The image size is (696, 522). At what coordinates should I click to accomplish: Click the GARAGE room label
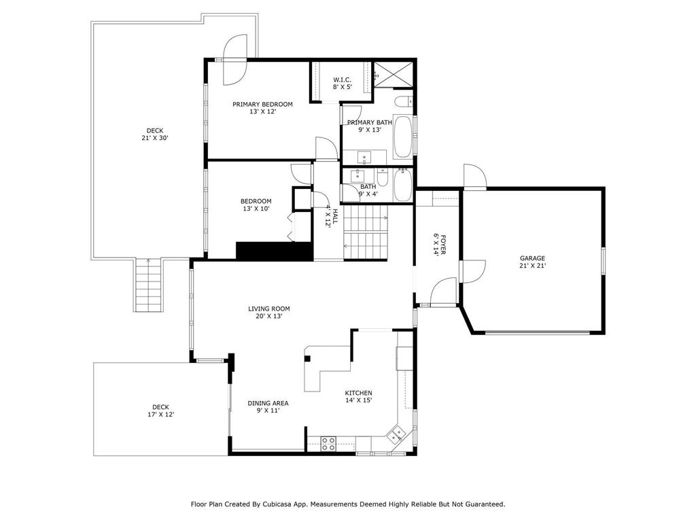tap(533, 258)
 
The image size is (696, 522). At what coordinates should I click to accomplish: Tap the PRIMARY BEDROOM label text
tap(262, 104)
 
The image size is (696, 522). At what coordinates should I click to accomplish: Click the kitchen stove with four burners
tap(328, 443)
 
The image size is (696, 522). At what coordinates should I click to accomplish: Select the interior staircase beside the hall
tap(365, 231)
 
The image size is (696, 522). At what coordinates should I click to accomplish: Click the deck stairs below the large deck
tap(149, 285)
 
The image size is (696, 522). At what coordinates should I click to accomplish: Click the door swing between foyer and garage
tap(472, 271)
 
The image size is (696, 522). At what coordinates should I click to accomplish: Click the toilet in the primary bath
tap(402, 103)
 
